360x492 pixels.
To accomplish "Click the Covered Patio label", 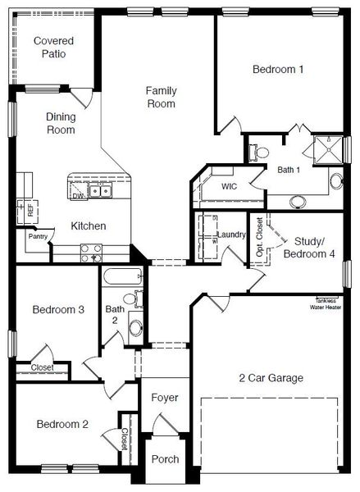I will pos(53,47).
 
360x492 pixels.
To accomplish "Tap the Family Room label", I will pos(162,97).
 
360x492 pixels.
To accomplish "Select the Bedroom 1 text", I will pos(278,70).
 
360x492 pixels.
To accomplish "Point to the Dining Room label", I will pos(61,123).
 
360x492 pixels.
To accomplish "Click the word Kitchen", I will pos(88,226).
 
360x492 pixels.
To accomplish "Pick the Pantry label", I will pos(38,236).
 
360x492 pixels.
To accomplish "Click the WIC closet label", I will pos(230,186).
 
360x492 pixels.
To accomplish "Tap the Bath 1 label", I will pos(289,170).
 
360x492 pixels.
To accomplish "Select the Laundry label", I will pos(231,236).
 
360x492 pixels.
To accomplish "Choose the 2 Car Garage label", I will pos(271,378).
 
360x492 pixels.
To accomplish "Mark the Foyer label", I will pos(165,398).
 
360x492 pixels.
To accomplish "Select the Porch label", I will pos(165,459).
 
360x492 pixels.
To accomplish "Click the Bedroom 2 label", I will pos(62,425).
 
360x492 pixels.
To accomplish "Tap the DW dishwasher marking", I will pos(78,197).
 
